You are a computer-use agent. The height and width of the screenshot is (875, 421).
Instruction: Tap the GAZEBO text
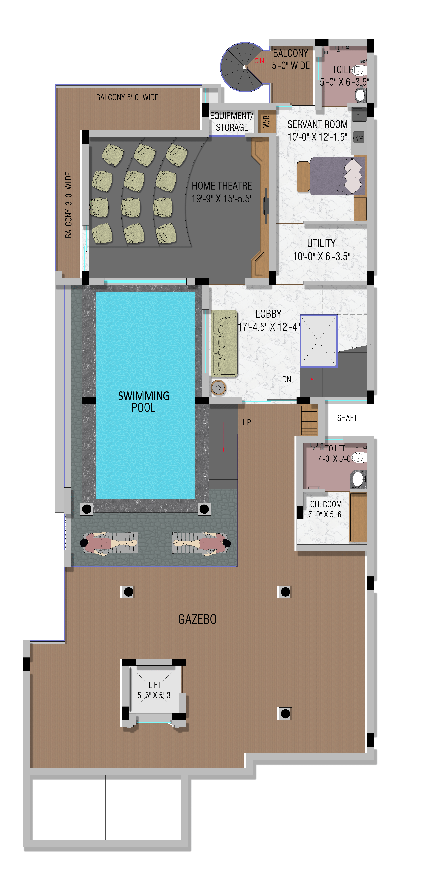coord(197,619)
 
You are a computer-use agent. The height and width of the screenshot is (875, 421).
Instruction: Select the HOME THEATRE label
coord(222,186)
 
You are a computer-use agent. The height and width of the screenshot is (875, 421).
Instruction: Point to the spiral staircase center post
coord(245,67)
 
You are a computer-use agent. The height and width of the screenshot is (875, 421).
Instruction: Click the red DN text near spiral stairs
coord(259,61)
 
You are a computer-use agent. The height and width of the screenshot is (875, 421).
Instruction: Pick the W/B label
coord(267,121)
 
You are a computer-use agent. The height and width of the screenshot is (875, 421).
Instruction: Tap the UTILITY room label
coord(321,243)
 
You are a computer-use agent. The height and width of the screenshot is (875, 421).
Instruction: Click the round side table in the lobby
coord(218,388)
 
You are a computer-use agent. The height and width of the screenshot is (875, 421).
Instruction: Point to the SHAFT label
coord(347,418)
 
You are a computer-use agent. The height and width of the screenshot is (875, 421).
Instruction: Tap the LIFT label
coord(155,685)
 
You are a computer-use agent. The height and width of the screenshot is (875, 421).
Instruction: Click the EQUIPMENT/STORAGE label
coord(232,122)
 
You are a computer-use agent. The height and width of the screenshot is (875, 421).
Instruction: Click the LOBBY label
coord(269,314)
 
